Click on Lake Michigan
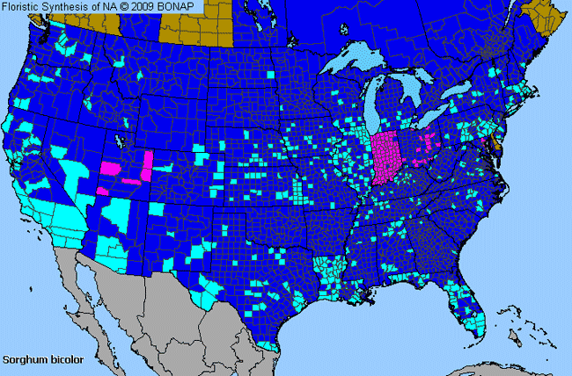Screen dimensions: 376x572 (x=379, y=105)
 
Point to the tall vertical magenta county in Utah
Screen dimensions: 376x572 (x=146, y=163)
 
